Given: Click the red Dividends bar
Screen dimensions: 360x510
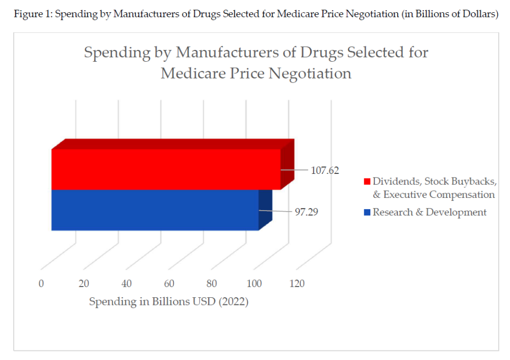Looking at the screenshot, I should pos(166,169).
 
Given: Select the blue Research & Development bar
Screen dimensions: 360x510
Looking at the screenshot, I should pos(155,210).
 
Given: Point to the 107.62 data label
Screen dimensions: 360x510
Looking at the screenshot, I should pos(325,170).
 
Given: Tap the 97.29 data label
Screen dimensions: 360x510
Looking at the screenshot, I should pos(307,212).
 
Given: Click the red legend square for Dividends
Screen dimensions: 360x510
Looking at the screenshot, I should pos(367,182).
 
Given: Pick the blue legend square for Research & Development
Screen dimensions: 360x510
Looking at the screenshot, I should pos(367,212).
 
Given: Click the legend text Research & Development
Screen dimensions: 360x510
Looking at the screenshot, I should pos(429,212).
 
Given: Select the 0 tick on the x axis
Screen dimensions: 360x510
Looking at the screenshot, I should pos(41,284).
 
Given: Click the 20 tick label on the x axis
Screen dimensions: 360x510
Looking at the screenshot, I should pos(84,284).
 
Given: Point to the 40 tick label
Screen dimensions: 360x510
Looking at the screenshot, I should pos(126,284).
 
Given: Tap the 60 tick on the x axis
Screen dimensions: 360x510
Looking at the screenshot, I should pos(169,284).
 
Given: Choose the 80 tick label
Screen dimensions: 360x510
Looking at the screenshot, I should pos(212,284).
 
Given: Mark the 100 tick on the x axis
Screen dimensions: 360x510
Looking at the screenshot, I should pos(254,284).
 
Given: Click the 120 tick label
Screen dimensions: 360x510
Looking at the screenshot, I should pos(297,284).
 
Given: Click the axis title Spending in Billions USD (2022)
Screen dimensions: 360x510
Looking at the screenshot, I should pos(169,302).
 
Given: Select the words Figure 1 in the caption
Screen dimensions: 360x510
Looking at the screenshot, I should pos(32,14).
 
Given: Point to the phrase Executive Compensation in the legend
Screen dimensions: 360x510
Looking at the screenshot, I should pos(439,194).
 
